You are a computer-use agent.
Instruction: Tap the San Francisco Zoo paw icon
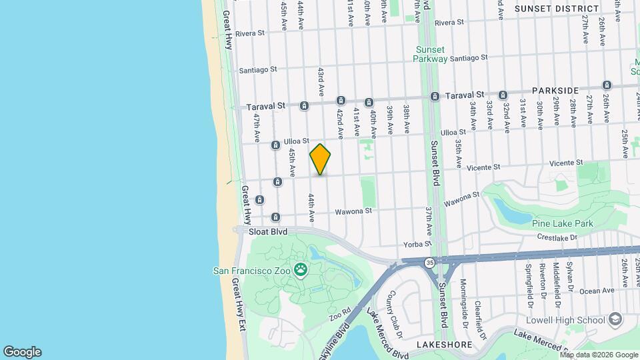click(301, 270)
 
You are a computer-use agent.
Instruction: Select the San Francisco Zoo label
click(253, 271)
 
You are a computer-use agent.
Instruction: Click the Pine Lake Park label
click(563, 222)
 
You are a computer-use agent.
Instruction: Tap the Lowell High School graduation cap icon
click(615, 319)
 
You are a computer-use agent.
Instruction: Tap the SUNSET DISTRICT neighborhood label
click(557, 9)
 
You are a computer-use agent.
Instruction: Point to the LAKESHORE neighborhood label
click(444, 345)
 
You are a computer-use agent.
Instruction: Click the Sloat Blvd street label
click(267, 232)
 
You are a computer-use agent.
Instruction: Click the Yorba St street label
click(413, 244)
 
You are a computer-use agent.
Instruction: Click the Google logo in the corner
click(21, 352)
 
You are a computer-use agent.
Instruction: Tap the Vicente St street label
click(567, 162)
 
